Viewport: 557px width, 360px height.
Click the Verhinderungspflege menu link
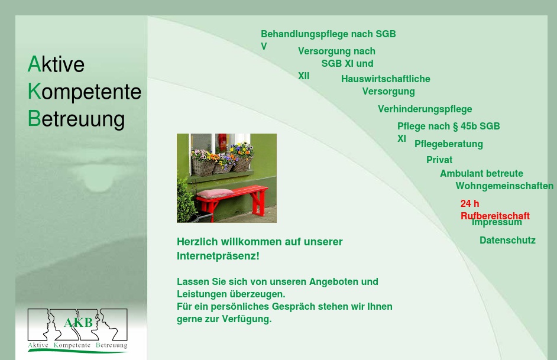tap(425, 109)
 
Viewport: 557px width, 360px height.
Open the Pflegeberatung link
tap(448, 144)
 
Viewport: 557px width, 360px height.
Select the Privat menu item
tap(439, 160)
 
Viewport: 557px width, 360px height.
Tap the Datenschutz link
tap(507, 241)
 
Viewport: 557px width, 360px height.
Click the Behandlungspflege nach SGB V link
tap(328, 34)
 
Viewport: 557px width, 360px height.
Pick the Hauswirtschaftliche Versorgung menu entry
tap(386, 79)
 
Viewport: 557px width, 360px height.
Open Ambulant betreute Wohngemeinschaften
tap(481, 174)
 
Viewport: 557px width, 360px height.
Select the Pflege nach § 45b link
tap(448, 127)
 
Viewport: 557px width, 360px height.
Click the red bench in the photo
tap(231, 199)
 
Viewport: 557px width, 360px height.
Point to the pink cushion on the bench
tap(215, 193)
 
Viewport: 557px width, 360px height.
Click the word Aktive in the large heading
tap(56, 64)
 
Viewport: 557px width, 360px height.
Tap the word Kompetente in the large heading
tap(85, 92)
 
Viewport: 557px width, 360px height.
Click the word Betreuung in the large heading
tap(76, 119)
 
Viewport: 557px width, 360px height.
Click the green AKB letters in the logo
tap(78, 323)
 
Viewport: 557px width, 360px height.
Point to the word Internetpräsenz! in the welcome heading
tap(218, 257)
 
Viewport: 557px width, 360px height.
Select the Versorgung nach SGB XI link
tap(336, 51)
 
